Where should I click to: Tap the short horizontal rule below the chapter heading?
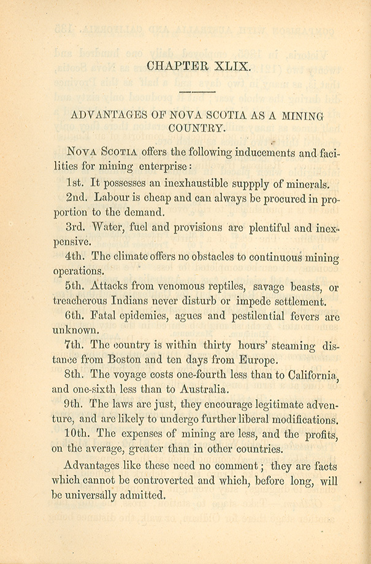point(197,92)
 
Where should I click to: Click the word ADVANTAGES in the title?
point(102,115)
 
